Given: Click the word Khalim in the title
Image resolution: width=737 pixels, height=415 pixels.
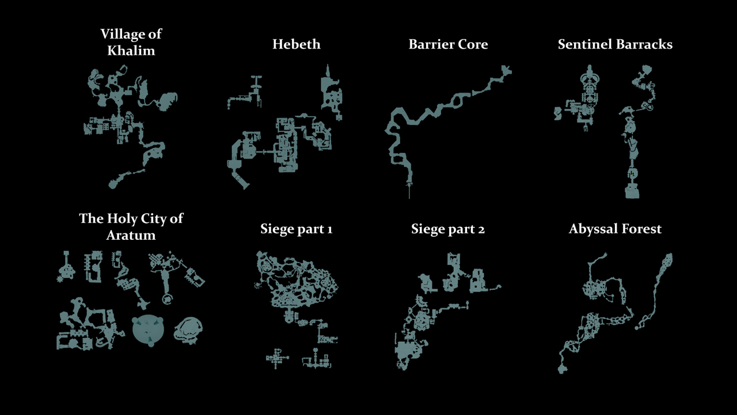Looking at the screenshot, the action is point(131,51).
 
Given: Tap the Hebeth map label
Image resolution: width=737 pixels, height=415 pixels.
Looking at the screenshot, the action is point(296,44).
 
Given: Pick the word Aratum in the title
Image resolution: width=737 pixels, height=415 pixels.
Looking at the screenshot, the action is point(131,235).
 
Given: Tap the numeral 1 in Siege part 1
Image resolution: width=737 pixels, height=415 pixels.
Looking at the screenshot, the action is point(330,229).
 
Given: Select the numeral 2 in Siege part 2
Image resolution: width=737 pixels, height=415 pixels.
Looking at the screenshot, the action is point(481,229).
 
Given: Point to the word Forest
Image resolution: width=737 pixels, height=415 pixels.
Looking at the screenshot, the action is point(641,229).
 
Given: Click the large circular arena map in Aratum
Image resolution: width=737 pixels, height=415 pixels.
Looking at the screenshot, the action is point(148,331).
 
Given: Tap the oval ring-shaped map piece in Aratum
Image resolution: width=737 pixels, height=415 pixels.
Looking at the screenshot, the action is point(188,331).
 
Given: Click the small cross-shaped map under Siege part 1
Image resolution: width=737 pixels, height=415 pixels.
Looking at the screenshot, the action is point(277,358).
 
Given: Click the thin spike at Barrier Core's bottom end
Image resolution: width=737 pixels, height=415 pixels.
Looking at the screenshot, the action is point(409,191).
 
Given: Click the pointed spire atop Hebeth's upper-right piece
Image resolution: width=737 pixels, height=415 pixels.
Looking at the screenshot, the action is point(328,70).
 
